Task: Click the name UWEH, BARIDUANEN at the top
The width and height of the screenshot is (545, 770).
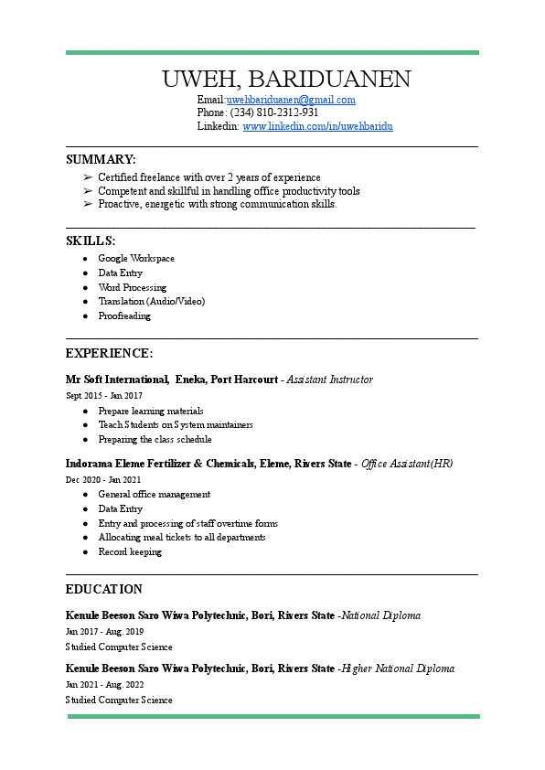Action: (286, 79)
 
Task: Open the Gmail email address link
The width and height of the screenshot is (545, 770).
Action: (291, 100)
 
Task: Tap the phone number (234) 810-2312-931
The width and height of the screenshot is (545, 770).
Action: (273, 112)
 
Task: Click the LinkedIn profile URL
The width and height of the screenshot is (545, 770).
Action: (317, 126)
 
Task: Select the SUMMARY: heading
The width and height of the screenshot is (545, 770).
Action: (101, 159)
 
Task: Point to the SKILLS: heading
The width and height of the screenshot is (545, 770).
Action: (91, 241)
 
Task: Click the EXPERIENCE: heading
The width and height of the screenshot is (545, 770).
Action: (109, 353)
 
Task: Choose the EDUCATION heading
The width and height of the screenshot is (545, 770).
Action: (104, 589)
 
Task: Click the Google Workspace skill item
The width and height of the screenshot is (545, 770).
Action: (136, 259)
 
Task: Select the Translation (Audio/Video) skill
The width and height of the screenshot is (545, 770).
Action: (152, 301)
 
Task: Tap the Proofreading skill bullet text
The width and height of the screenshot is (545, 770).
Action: (124, 316)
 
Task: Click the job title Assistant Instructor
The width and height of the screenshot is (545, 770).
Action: (330, 380)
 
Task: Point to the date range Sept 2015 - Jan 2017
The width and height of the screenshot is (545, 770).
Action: (104, 396)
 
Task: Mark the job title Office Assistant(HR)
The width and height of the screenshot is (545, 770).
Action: (407, 464)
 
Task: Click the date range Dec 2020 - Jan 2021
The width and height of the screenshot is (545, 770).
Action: (103, 480)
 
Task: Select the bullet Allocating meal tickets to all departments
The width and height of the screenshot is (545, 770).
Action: (182, 538)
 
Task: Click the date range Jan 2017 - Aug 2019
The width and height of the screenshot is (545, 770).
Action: (105, 632)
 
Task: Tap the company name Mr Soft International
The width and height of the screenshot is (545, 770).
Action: (117, 380)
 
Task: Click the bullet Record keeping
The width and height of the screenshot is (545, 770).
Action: (130, 552)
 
